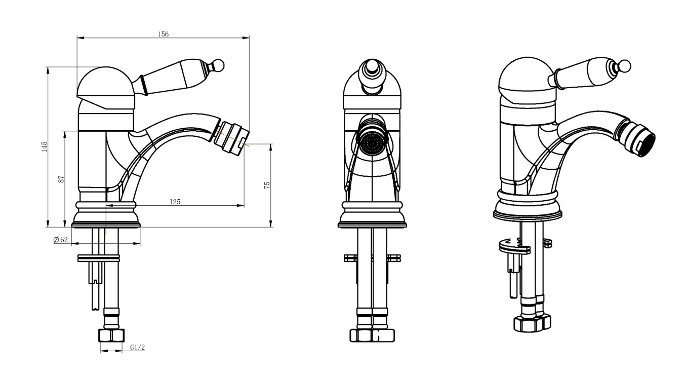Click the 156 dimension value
[x=163, y=34]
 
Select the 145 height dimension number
[x=45, y=146]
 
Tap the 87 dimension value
[x=62, y=179]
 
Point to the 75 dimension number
[x=267, y=185]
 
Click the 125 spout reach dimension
[x=175, y=202]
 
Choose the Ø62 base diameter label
[x=61, y=240]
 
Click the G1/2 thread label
[x=138, y=347]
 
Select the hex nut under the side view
[x=111, y=335]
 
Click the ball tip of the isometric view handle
[x=625, y=66]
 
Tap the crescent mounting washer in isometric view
[x=514, y=247]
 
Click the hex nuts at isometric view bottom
[x=532, y=323]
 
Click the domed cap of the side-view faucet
[x=106, y=88]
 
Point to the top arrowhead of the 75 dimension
[x=271, y=147]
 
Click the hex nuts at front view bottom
[x=373, y=335]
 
